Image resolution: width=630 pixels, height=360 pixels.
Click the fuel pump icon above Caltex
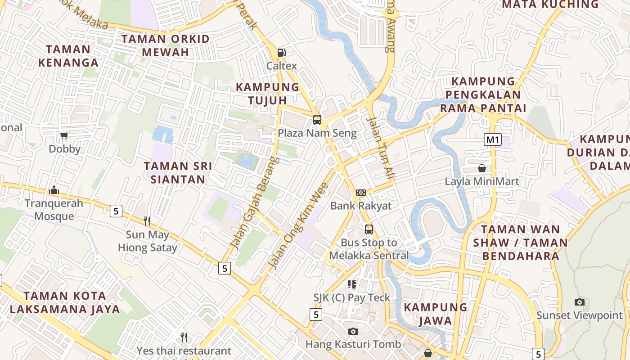(282, 52)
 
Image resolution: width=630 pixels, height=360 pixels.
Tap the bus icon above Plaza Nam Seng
(317, 120)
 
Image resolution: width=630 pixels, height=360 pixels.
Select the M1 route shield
(493, 139)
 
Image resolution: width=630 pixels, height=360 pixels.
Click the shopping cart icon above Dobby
(64, 135)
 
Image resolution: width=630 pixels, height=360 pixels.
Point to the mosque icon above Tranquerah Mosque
(54, 190)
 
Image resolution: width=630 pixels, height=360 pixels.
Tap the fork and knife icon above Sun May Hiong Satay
(147, 221)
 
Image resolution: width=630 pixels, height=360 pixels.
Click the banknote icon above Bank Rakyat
(361, 193)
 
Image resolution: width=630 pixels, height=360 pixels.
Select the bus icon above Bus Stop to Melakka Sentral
(369, 229)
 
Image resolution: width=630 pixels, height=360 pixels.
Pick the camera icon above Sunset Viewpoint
(580, 302)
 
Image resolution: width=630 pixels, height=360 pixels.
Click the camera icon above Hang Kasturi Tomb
(353, 331)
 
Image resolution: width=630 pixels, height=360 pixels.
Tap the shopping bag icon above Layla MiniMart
(482, 168)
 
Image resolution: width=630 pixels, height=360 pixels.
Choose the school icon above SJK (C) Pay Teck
(352, 284)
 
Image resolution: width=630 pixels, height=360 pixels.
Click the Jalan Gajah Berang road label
(255, 202)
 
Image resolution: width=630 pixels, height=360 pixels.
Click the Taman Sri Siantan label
(178, 172)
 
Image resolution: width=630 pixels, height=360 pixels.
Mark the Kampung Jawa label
(435, 314)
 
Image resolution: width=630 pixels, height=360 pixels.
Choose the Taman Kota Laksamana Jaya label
(65, 302)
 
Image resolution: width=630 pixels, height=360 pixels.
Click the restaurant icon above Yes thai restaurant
(184, 337)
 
